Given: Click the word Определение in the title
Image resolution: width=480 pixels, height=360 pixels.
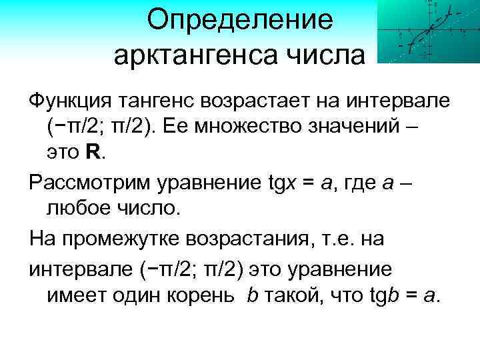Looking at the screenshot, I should [x=239, y=20].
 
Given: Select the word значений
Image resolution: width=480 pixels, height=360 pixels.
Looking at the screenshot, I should [x=358, y=127].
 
